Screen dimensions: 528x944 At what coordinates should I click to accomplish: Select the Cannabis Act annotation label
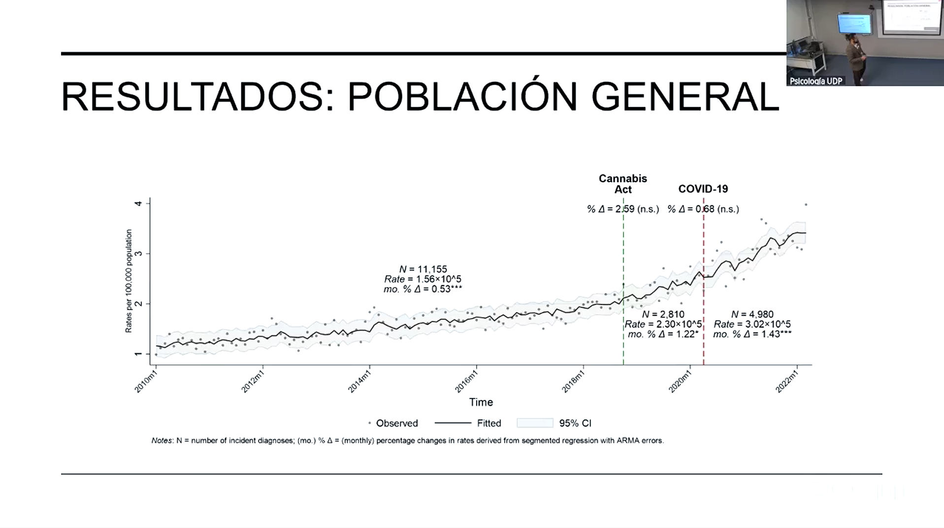[x=622, y=184]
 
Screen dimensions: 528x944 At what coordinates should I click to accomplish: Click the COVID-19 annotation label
[x=703, y=189]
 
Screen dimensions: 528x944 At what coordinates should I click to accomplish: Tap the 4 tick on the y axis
[x=138, y=203]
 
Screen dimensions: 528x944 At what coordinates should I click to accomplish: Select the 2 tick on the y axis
[x=138, y=303]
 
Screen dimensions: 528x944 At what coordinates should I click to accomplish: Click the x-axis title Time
[x=481, y=402]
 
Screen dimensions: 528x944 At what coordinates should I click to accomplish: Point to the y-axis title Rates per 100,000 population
[x=129, y=281]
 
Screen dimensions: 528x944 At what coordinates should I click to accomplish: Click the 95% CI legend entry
[x=575, y=423]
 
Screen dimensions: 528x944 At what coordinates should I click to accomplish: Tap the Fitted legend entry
[x=488, y=423]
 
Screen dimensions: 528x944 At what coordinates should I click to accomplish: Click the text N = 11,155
[x=423, y=269]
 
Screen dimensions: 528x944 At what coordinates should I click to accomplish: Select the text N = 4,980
[x=752, y=314]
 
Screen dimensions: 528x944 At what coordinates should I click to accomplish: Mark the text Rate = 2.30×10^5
[x=663, y=324]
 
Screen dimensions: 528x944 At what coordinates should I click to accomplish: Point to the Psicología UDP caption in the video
[x=815, y=81]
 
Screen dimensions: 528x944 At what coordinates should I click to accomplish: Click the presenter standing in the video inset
[x=856, y=57]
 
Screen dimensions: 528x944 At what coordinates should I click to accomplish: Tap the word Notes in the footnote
[x=162, y=440]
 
